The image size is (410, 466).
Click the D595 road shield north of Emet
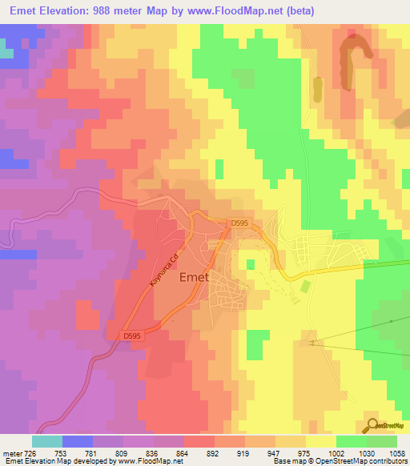click(238, 223)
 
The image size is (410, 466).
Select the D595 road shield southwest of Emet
click(133, 335)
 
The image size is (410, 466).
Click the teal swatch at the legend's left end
click(46, 440)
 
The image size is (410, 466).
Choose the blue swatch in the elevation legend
click(77, 440)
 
